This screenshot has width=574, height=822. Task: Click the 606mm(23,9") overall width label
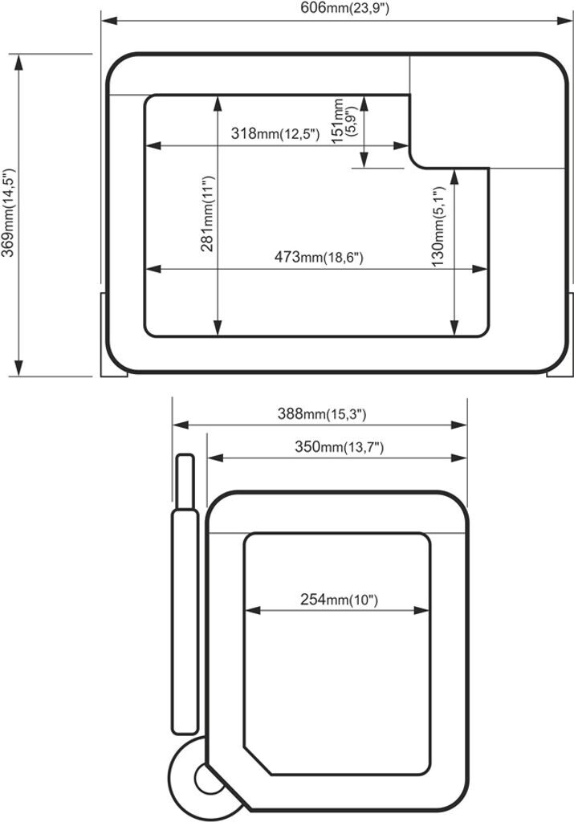pos(344,8)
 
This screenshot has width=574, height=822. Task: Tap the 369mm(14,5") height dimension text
pos(8,213)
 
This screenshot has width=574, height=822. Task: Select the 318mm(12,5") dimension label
pos(275,133)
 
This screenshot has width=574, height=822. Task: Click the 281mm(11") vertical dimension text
pos(208,214)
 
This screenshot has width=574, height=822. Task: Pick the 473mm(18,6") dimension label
pos(319,257)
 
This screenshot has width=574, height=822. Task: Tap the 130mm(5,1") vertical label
pos(438,226)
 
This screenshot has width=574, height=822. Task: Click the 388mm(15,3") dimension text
pos(322,414)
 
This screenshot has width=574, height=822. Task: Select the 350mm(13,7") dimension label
pos(339,446)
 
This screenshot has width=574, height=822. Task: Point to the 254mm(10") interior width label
pos(339,599)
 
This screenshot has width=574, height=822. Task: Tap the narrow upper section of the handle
pos(185,482)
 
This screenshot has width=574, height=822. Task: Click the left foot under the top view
pos(114,334)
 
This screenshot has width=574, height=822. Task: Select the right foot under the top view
pos(560,334)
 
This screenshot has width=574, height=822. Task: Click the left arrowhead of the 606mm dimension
pos(108,21)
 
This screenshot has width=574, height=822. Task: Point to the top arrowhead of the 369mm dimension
pos(19,62)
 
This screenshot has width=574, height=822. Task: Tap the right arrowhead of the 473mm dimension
pos(480,270)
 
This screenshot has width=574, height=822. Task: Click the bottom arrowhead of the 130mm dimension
pos(454,328)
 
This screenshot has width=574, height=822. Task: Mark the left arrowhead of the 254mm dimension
pos(253,610)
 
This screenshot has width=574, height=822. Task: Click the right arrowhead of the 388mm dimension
pos(458,425)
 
